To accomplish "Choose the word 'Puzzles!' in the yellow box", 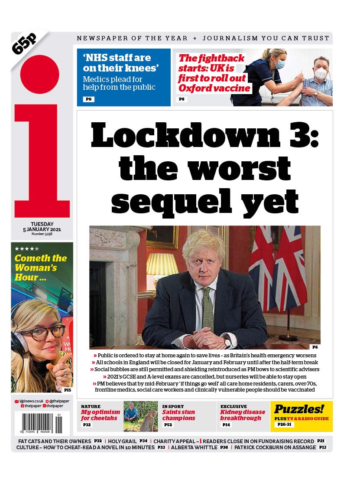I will pos(299,409).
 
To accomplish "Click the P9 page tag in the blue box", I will pos(88,99).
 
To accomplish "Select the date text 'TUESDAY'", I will pos(42,224).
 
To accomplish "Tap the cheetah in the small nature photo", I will pos(149,421).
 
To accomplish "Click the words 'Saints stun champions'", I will pos(178,415).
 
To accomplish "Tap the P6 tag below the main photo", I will pos(315,347).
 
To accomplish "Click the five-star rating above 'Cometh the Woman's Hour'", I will pos(27,249).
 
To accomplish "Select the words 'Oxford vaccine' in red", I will pos(214,88).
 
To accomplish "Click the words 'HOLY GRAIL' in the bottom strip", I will pos(122,441).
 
